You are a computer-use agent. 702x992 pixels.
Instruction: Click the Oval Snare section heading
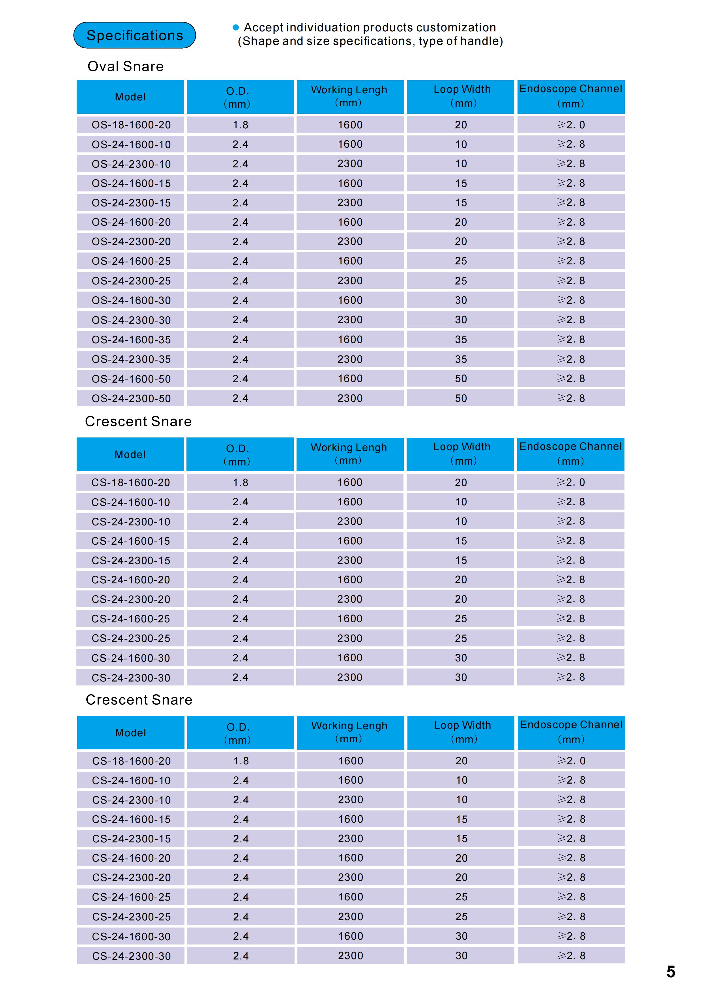(x=125, y=66)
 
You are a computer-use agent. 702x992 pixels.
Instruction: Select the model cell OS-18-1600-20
(x=131, y=125)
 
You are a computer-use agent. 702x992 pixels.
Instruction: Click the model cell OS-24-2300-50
(x=131, y=398)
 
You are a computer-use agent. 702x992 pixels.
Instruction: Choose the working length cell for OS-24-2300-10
(x=350, y=164)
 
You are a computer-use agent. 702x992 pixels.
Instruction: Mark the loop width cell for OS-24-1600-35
(x=461, y=340)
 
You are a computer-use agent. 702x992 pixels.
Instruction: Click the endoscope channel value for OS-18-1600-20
(x=571, y=125)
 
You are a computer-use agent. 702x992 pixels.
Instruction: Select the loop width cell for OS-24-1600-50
(x=461, y=378)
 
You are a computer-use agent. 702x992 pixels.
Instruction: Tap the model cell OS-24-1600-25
(x=131, y=261)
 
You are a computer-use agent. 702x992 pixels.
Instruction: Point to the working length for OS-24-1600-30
(x=350, y=300)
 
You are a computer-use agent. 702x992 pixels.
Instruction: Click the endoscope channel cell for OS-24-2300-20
(x=571, y=241)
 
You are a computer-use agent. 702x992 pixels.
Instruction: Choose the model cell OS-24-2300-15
(x=131, y=203)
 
